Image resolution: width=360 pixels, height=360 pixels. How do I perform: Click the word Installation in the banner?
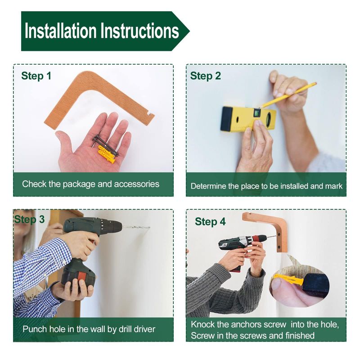tap(61, 30)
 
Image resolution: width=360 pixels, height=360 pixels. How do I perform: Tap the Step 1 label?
tap(36, 76)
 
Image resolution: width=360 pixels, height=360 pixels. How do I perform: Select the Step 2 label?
tap(206, 76)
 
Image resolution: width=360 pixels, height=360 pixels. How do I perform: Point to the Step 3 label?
tap(29, 220)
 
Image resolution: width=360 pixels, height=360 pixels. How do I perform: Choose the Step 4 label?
tap(210, 222)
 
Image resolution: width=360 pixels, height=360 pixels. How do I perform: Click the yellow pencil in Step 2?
tap(289, 95)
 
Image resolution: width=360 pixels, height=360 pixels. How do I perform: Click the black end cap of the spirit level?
tap(227, 119)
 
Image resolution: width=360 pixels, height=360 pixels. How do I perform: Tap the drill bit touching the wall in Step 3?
tap(136, 227)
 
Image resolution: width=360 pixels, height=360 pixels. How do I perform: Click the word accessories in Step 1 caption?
tap(137, 184)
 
